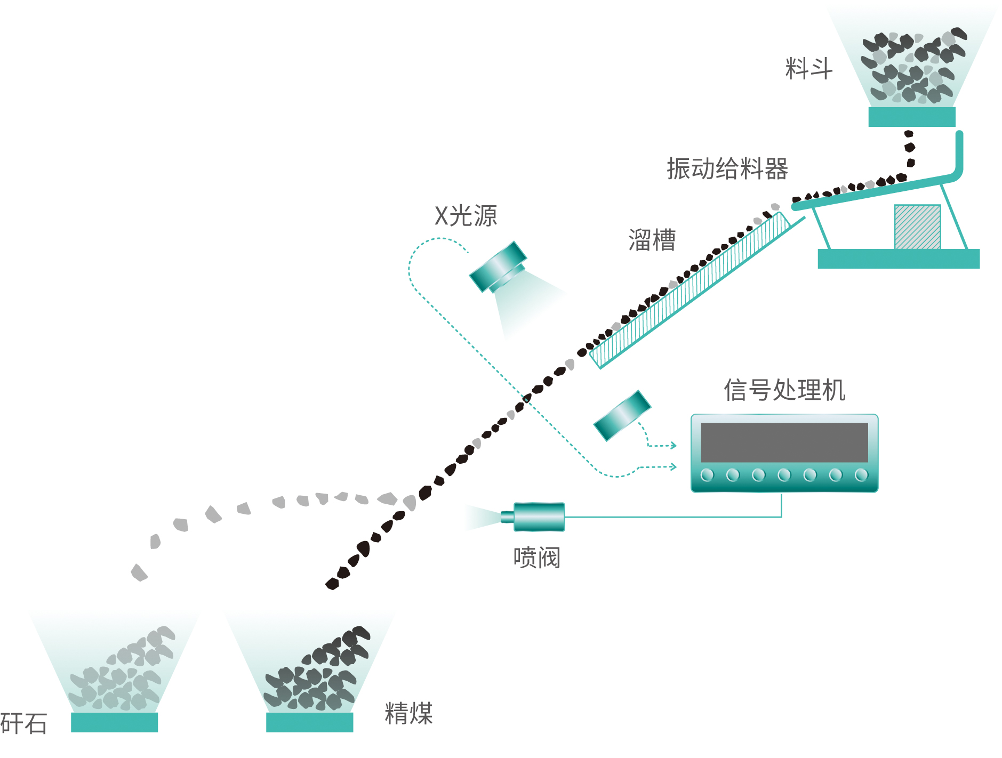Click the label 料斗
(x=808, y=69)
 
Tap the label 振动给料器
(x=727, y=169)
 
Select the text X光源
(x=466, y=216)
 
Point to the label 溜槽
(x=652, y=240)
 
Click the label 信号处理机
(x=784, y=390)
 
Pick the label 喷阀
(x=536, y=558)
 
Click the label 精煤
(x=408, y=713)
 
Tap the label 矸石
(x=23, y=723)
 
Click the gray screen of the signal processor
(x=784, y=442)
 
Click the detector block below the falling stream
(x=622, y=416)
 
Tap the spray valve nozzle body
(x=538, y=517)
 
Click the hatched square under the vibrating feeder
(x=917, y=227)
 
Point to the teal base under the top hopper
(x=911, y=117)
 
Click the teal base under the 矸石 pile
(x=114, y=722)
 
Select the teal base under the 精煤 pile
(x=309, y=722)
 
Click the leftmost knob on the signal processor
(x=707, y=474)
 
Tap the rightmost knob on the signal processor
(x=861, y=474)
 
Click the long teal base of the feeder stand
(x=898, y=259)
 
